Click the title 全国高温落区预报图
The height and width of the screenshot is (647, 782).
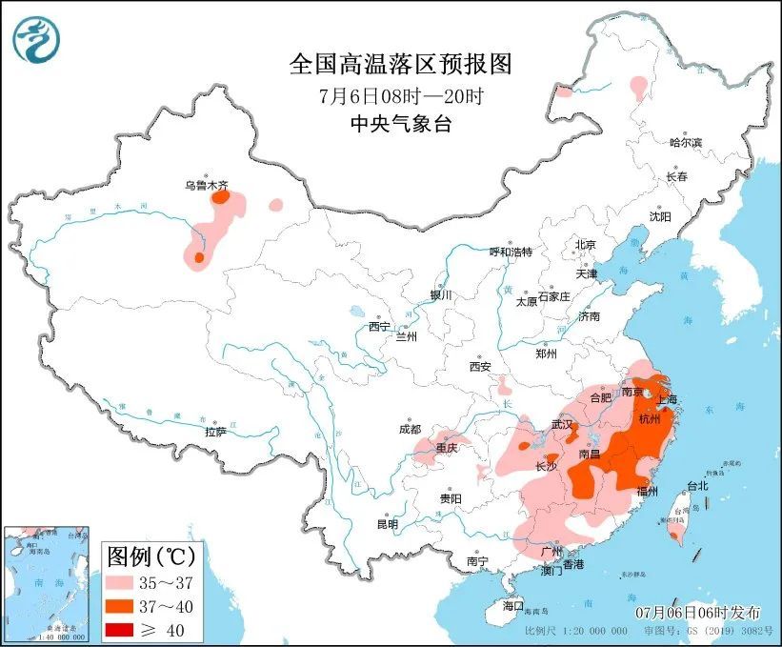pyautogui.click(x=400, y=64)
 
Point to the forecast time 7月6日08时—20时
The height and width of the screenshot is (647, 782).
pyautogui.click(x=400, y=95)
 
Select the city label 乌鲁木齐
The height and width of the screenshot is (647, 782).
pyautogui.click(x=206, y=187)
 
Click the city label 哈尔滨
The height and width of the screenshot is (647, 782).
pyautogui.click(x=684, y=142)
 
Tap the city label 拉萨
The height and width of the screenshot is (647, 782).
pyautogui.click(x=215, y=432)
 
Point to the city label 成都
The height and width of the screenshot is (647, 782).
pyautogui.click(x=410, y=429)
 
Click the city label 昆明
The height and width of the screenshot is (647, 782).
pyautogui.click(x=387, y=523)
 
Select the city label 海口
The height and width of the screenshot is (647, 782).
pyautogui.click(x=513, y=605)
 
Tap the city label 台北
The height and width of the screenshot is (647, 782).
pyautogui.click(x=696, y=485)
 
